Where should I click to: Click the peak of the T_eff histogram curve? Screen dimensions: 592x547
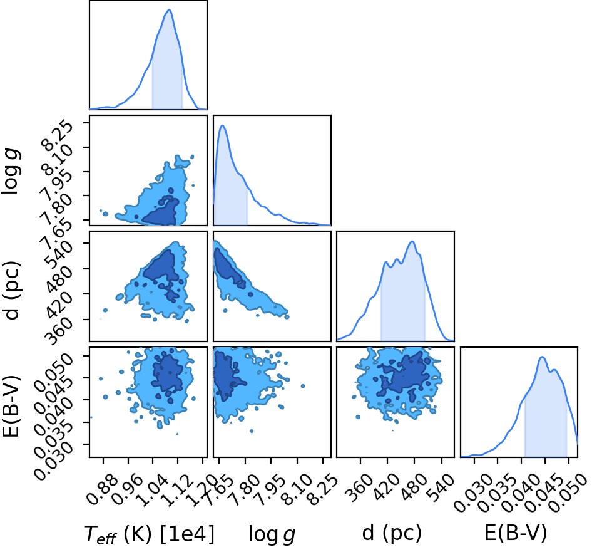(170, 10)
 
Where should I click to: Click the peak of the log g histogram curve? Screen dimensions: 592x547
(222, 125)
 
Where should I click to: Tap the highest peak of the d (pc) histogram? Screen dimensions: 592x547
(412, 242)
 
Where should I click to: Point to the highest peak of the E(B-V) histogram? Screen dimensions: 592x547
(542, 357)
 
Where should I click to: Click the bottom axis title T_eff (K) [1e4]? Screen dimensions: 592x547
(150, 534)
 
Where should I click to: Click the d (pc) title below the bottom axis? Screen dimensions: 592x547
(392, 533)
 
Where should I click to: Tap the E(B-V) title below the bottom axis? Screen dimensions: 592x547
(516, 533)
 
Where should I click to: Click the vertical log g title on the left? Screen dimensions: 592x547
(11, 172)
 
